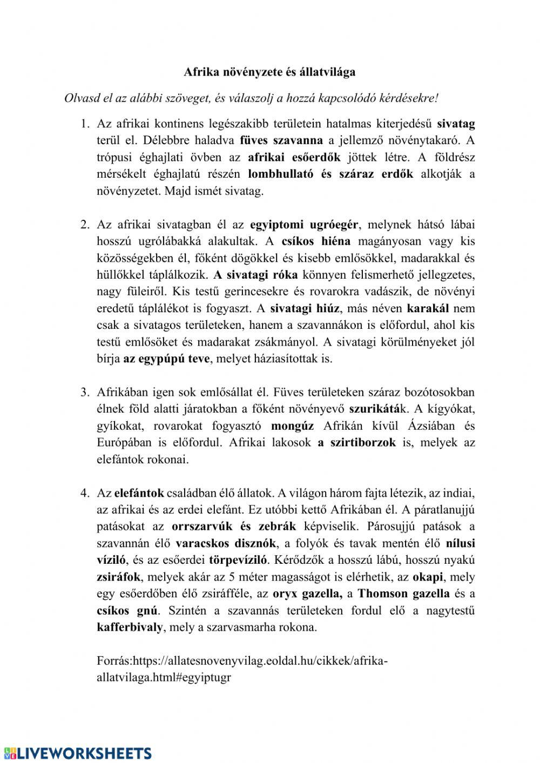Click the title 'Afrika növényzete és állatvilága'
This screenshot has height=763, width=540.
(x=269, y=71)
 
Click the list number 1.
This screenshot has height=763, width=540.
(x=84, y=124)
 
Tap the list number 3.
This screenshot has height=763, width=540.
(x=84, y=392)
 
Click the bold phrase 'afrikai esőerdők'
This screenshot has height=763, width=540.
(x=294, y=157)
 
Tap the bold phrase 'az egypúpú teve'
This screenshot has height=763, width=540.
(x=166, y=359)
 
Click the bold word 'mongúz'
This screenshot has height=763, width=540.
(x=292, y=426)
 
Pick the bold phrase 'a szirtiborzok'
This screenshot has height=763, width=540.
(x=356, y=442)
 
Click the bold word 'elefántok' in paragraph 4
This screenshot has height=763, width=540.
(x=139, y=492)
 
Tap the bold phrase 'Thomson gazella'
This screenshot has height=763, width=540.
(x=403, y=593)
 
